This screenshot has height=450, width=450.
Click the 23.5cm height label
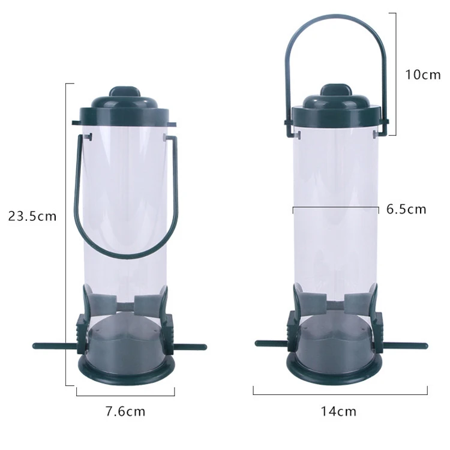pyautogui.click(x=32, y=215)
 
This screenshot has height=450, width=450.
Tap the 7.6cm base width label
pyautogui.click(x=125, y=412)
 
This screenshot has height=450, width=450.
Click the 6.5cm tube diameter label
pyautogui.click(x=406, y=209)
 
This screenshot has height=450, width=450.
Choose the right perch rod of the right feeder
pyautogui.click(x=408, y=346)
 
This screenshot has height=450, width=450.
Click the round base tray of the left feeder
pyautogui.click(x=125, y=369)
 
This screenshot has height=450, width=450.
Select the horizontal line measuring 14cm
pyautogui.click(x=340, y=394)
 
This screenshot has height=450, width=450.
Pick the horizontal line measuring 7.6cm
pyautogui.click(x=125, y=394)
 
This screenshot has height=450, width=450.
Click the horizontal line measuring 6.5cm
pyautogui.click(x=336, y=209)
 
